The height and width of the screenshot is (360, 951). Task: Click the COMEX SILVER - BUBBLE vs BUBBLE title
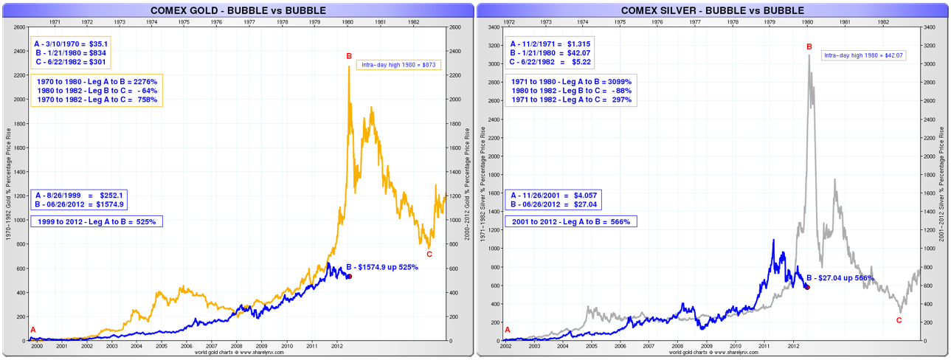tap(713, 10)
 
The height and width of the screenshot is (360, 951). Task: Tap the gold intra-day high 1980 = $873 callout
tap(398, 65)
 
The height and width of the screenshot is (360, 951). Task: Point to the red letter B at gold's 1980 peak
tap(349, 56)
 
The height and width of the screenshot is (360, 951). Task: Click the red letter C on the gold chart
tap(429, 255)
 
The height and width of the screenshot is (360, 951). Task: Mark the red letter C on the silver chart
tap(899, 320)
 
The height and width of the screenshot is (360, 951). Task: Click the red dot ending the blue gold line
tap(349, 276)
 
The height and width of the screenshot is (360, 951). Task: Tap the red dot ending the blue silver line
tap(807, 286)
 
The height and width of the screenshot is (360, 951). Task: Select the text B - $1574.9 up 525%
tap(382, 267)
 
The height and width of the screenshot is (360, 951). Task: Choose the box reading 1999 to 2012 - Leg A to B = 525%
tap(96, 221)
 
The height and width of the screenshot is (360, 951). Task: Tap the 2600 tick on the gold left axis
tap(18, 27)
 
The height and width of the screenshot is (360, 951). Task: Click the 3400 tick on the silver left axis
tap(494, 27)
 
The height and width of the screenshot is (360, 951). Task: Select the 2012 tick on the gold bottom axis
tap(336, 345)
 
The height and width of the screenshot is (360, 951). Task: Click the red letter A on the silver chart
tap(507, 330)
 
